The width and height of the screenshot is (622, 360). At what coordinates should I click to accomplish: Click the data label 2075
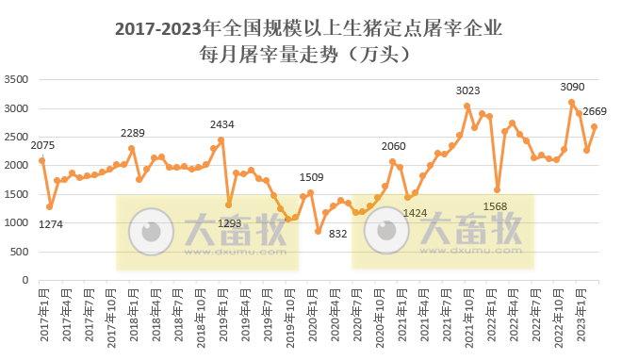coord(42,145)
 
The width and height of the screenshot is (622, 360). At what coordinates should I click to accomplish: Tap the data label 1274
coord(52,223)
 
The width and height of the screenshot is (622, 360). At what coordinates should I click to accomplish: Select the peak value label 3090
coord(572,87)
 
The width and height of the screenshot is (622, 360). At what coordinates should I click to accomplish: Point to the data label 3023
coord(467,90)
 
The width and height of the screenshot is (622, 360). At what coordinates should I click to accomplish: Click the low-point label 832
coord(339,234)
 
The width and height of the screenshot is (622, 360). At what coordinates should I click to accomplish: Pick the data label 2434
coord(222,124)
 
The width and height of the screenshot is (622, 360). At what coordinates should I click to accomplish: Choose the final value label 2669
coord(595,111)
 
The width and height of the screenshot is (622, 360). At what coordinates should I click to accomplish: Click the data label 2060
coord(394,147)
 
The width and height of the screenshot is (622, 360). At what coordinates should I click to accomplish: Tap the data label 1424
coord(416,213)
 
